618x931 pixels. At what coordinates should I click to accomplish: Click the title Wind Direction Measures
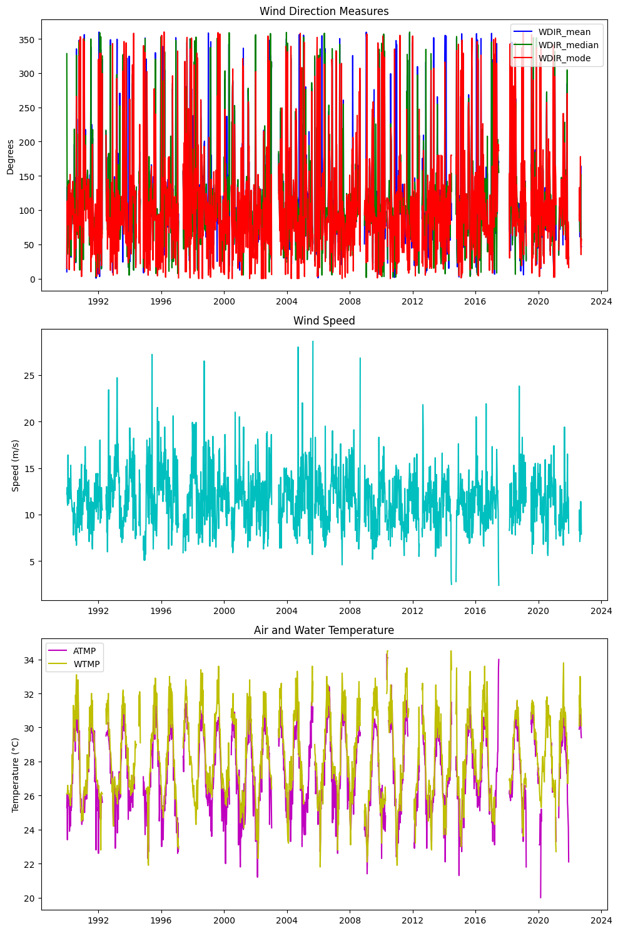click(x=324, y=11)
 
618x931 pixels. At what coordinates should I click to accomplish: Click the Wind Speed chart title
click(x=324, y=321)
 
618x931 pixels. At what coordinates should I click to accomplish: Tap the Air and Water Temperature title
click(x=324, y=630)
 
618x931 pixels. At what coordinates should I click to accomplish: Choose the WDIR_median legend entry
click(x=568, y=45)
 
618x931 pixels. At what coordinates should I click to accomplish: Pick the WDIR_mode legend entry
click(x=564, y=58)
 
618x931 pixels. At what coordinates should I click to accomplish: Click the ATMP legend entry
click(x=84, y=651)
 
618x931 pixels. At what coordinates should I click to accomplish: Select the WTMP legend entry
click(x=86, y=664)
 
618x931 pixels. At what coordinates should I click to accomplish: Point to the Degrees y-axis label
click(x=11, y=157)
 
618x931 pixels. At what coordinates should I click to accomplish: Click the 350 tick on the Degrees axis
click(x=28, y=39)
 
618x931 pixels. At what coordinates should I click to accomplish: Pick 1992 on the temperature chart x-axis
click(x=98, y=920)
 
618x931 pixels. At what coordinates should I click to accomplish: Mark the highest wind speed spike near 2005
click(x=313, y=341)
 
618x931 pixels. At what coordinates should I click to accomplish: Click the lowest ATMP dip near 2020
click(x=540, y=897)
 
